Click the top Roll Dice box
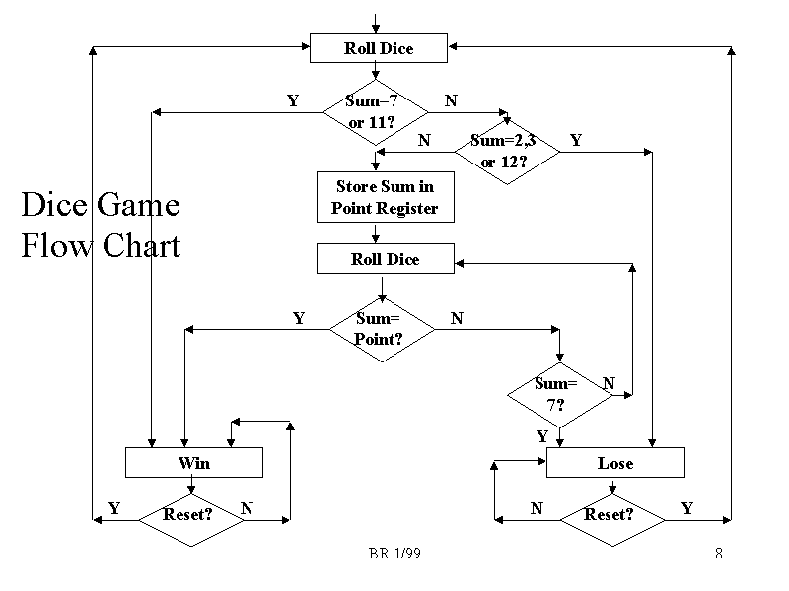[x=379, y=48]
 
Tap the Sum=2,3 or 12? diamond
[x=506, y=151]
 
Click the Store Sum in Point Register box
[x=385, y=197]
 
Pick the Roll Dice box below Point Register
[x=385, y=259]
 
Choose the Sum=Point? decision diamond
[x=381, y=329]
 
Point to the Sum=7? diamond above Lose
[x=558, y=394]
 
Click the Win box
[x=194, y=462]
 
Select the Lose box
[x=615, y=462]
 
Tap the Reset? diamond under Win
[x=190, y=514]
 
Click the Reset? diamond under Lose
[x=611, y=514]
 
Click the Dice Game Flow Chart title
[x=101, y=225]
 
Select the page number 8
[x=719, y=554]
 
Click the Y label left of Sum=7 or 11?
[x=293, y=100]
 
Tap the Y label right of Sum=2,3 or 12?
[x=576, y=141]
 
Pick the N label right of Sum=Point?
[x=457, y=318]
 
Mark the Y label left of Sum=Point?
[x=299, y=318]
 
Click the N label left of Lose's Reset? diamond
[x=537, y=508]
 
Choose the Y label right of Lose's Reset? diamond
[x=687, y=508]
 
